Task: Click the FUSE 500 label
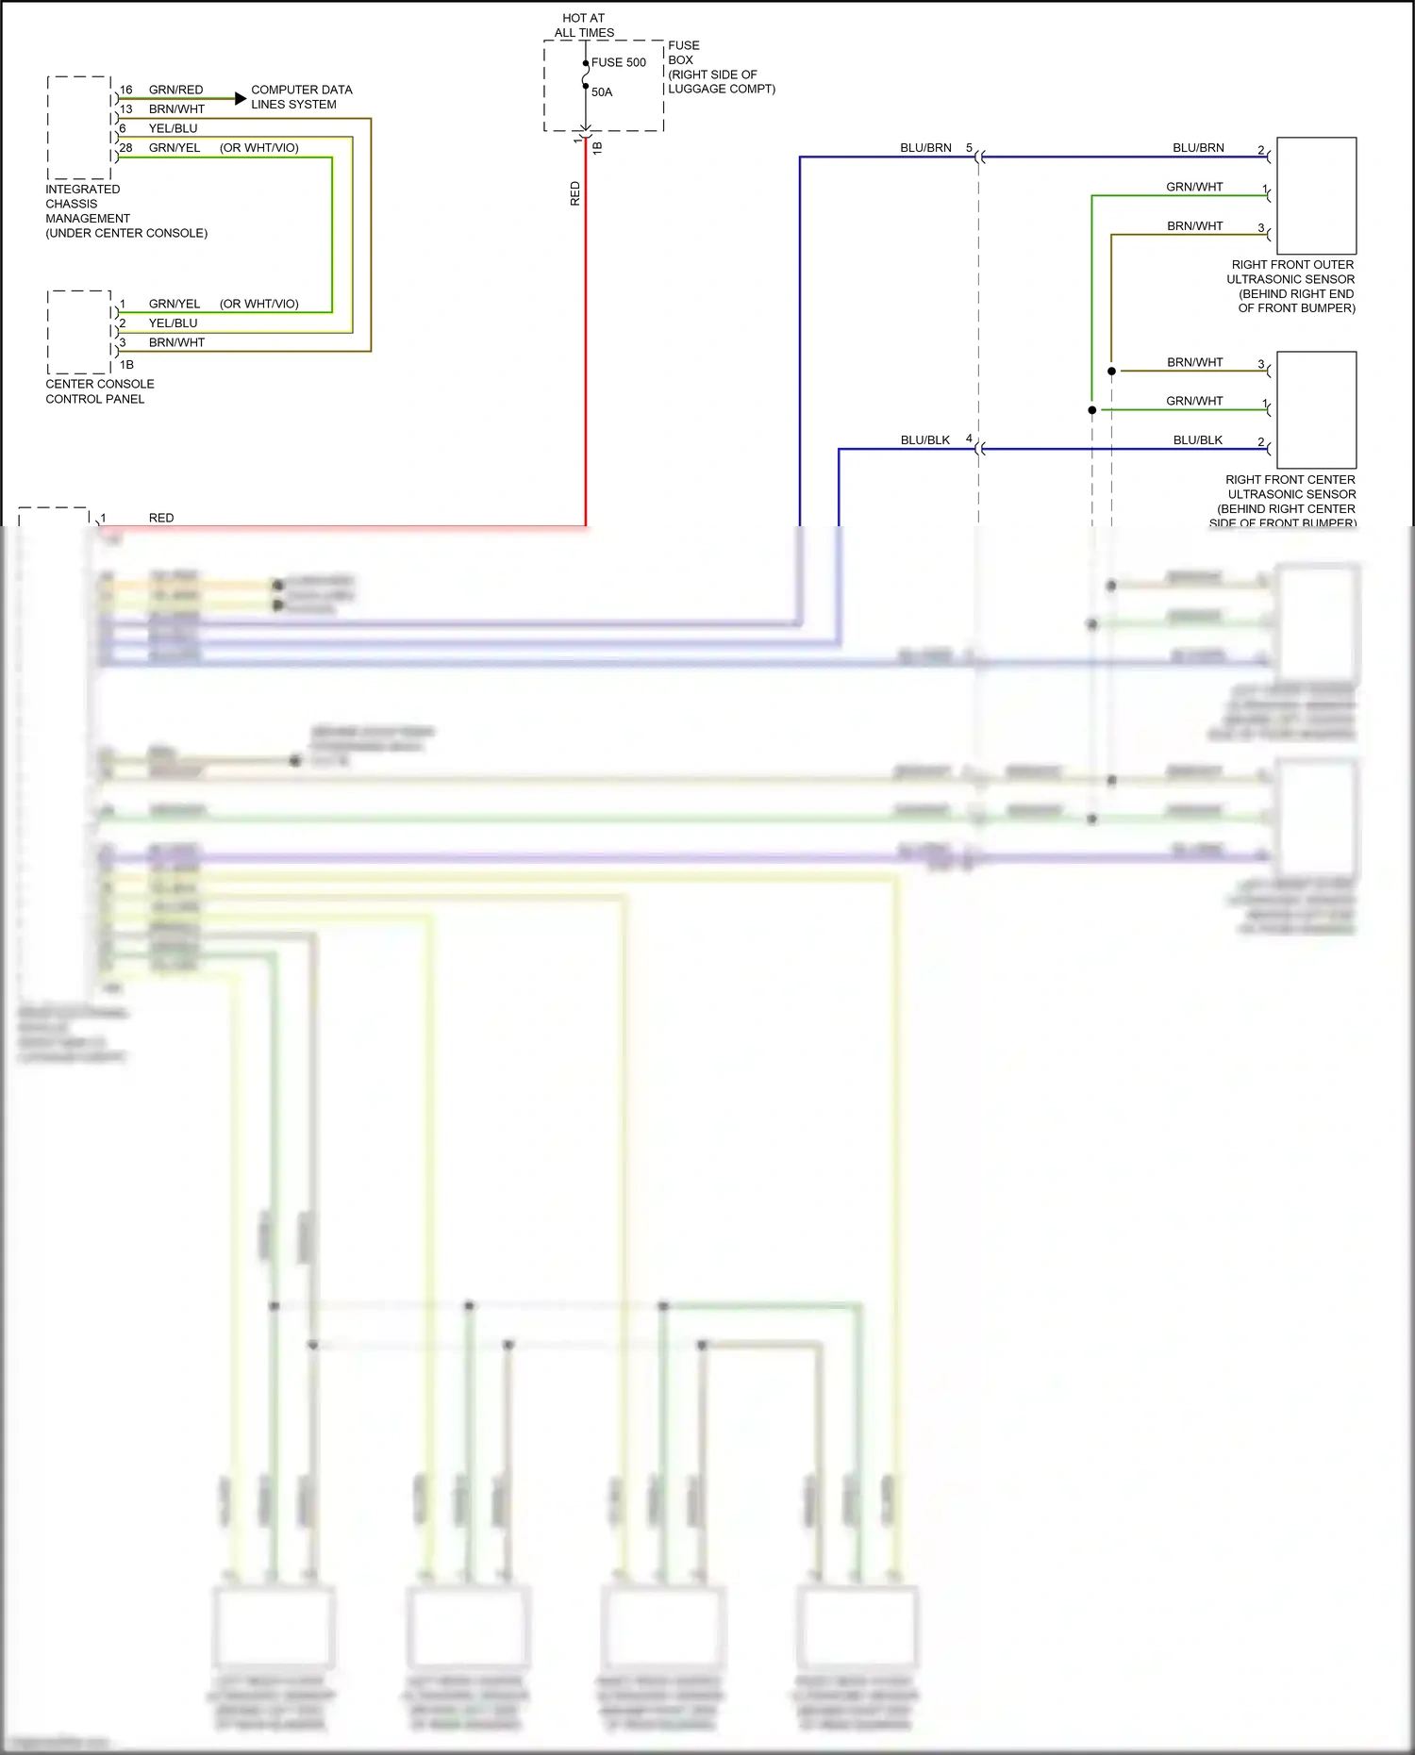tap(619, 63)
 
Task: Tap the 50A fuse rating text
tap(602, 92)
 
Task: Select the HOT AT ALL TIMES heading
tap(584, 25)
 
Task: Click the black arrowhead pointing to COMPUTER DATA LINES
tap(241, 98)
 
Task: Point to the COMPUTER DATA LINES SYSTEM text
tap(301, 97)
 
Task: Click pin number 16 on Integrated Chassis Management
tap(126, 90)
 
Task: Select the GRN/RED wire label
tap(175, 90)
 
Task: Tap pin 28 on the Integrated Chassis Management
tap(126, 148)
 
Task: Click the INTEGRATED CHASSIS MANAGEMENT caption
tap(125, 211)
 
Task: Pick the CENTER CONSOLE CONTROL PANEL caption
tap(99, 391)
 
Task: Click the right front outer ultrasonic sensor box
tap(1316, 196)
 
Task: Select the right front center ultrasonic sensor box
tap(1316, 410)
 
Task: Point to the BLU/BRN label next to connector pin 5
tap(925, 148)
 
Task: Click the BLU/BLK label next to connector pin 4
tap(925, 440)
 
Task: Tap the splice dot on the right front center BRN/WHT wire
tap(1111, 372)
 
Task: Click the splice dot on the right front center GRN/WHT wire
tap(1092, 410)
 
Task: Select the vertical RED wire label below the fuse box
tap(575, 194)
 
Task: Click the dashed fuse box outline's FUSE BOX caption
tap(721, 67)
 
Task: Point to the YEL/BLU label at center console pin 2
tap(173, 323)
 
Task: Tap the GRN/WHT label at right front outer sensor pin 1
tap(1194, 187)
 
